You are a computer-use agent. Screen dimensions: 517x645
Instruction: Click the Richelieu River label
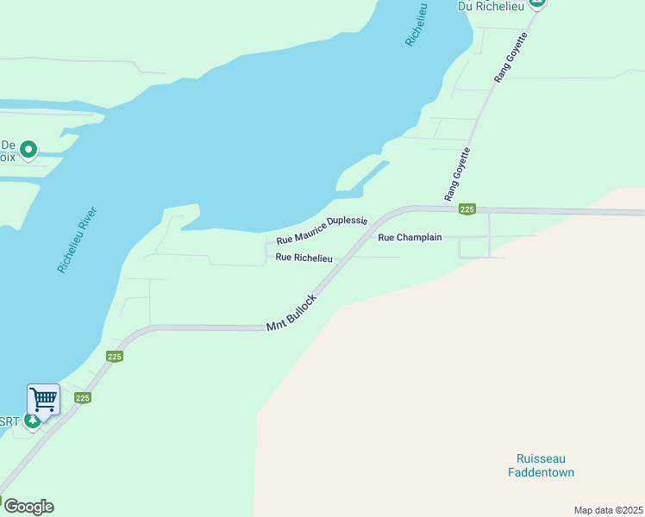[x=78, y=240]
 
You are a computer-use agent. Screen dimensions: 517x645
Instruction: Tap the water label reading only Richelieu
[x=416, y=23]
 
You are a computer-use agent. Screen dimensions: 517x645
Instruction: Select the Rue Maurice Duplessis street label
[x=322, y=230]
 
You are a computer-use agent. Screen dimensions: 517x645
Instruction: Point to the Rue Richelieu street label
[x=304, y=257]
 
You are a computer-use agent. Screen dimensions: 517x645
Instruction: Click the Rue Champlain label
[x=410, y=236]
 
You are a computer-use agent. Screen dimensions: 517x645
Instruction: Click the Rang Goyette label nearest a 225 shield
[x=458, y=175]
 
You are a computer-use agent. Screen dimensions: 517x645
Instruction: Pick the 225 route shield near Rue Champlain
[x=467, y=209]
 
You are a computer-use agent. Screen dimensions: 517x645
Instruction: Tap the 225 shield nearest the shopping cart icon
[x=83, y=397]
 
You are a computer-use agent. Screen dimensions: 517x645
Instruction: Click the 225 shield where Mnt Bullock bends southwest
[x=116, y=356]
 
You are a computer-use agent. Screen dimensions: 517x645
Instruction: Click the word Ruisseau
[x=541, y=458]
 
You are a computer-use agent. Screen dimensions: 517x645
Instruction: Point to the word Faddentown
[x=541, y=472]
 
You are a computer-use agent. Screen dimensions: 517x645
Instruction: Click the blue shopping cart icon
[x=43, y=400]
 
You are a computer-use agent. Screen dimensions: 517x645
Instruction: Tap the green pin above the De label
[x=28, y=150]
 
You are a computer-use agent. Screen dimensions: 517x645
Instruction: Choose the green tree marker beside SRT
[x=32, y=420]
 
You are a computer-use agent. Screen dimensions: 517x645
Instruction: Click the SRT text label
[x=9, y=421]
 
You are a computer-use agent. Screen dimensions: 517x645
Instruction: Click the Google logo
[x=28, y=507]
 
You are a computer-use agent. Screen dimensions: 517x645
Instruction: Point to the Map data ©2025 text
[x=608, y=510]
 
